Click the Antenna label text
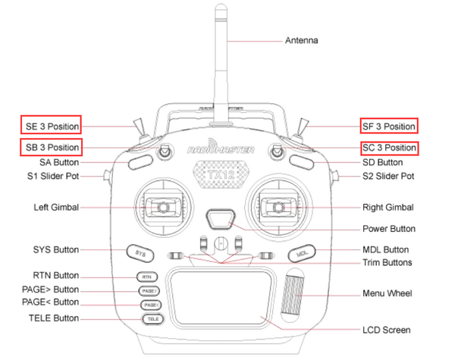tap(301, 40)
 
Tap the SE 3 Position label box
tap(50, 126)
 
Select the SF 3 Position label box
tap(389, 126)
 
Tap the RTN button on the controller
tap(147, 277)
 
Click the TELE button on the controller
tap(149, 319)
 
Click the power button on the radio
tap(220, 220)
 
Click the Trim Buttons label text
tap(386, 263)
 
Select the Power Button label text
tap(388, 228)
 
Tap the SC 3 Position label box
tap(389, 147)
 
